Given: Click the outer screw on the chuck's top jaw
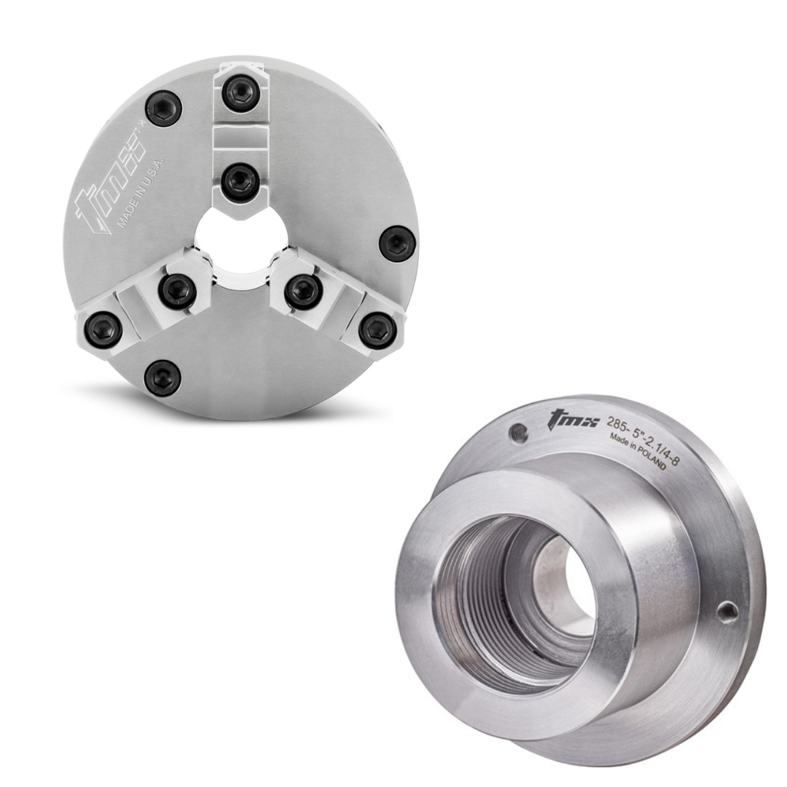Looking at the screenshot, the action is point(240,93).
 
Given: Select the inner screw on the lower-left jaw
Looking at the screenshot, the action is point(177,291).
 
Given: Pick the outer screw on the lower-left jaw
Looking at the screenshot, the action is point(103,329).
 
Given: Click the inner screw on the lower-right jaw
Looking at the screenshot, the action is point(303,291).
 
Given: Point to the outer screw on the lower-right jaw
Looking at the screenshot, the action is point(377,330).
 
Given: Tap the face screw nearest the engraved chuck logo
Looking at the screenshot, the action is point(164,109).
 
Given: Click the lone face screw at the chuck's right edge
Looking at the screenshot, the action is point(398,243).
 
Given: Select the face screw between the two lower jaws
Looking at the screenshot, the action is point(163,377).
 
